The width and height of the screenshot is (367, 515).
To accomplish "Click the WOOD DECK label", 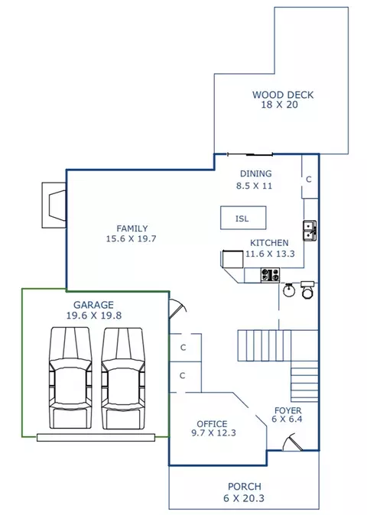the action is point(283,95).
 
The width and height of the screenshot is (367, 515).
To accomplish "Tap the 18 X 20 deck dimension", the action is point(279,105).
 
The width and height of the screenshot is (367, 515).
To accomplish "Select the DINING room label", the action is point(255,173).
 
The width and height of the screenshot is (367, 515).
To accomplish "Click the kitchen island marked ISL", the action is point(243,218).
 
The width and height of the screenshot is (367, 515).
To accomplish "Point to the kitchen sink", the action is point(310,231).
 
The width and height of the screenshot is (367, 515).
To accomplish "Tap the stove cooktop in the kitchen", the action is point(270,275).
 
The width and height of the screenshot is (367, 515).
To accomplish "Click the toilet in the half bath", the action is point(307,290).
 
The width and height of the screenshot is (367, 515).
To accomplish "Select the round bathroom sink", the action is point(289,290).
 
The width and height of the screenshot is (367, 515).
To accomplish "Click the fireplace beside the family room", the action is point(54,205).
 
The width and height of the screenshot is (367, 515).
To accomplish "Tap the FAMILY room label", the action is point(132,228).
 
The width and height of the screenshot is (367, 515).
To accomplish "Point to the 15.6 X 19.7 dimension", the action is point(131,238).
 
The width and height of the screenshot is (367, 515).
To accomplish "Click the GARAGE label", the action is point(93,305).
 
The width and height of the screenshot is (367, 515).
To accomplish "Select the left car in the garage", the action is point(70,378).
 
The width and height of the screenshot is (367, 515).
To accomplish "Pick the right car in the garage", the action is point(123,378).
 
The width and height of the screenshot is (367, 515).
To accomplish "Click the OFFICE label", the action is point(212,424).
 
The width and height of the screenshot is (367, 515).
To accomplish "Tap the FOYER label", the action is point(287,410).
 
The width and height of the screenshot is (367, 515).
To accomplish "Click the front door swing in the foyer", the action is point(292,442).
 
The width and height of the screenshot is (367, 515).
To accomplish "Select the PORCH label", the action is point(245,487).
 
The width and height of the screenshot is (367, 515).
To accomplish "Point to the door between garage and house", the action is point(177,309).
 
